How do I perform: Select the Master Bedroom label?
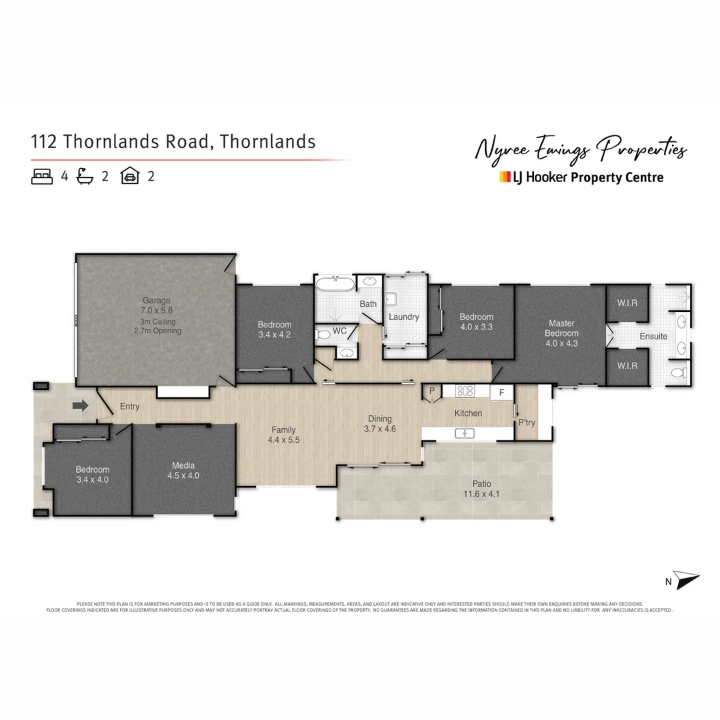561,328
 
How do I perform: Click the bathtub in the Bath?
336,285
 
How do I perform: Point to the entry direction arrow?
81,405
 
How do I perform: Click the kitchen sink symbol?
465,433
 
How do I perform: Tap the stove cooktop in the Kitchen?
465,391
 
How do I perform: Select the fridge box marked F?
501,392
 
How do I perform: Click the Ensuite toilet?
679,373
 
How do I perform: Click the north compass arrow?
687,579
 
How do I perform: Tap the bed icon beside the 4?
42,177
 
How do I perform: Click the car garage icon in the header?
129,177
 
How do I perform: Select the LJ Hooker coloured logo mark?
505,177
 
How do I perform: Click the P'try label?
527,423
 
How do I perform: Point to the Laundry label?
404,317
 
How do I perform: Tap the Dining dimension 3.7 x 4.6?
380,429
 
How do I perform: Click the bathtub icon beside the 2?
85,177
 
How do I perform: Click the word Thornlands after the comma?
268,141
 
